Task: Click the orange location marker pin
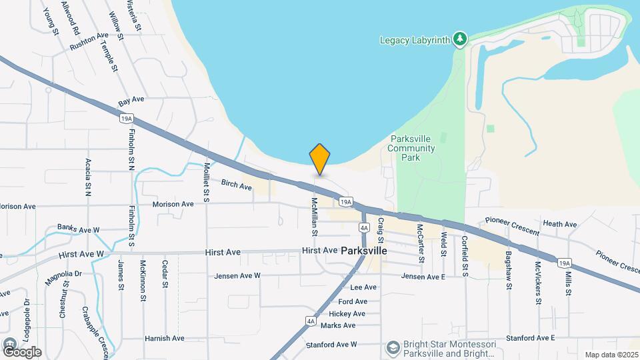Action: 320,159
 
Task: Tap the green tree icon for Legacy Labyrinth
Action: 459,39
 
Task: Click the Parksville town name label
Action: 364,251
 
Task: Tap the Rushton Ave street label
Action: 89,41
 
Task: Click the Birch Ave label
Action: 237,185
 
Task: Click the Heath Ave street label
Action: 559,224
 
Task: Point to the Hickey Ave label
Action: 347,313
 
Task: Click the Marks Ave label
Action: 338,325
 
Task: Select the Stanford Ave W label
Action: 331,344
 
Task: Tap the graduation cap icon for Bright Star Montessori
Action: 393,347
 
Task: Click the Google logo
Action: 22,351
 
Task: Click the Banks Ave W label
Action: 78,229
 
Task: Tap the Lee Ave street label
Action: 363,287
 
